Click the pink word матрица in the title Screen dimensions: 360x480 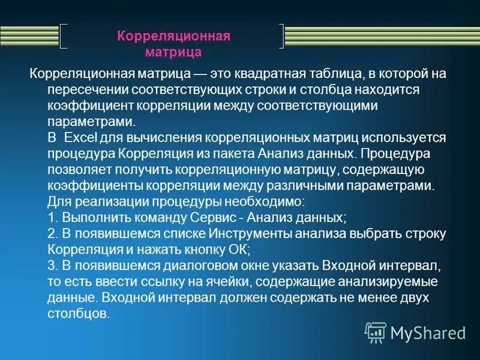(173, 52)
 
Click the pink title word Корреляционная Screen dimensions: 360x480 (173, 37)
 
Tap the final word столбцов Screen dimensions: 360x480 (78, 313)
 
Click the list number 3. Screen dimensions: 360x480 (51, 263)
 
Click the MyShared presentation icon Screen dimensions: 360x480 (375, 331)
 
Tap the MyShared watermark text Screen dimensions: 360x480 (428, 332)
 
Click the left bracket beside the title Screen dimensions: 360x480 (64, 36)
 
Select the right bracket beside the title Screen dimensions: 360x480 (281, 36)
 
